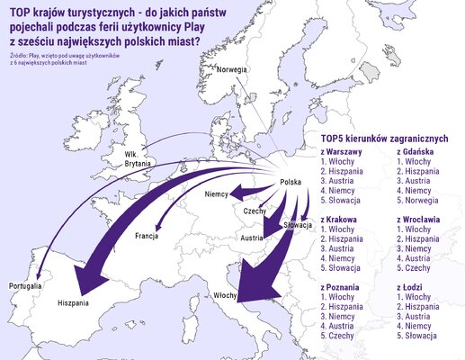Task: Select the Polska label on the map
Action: click(291, 182)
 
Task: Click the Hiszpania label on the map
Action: click(73, 303)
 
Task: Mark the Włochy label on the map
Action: click(226, 295)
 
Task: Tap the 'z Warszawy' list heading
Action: click(342, 152)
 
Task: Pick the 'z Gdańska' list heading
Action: click(416, 152)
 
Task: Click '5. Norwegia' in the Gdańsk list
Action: click(421, 201)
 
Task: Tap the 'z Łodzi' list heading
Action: click(410, 287)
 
